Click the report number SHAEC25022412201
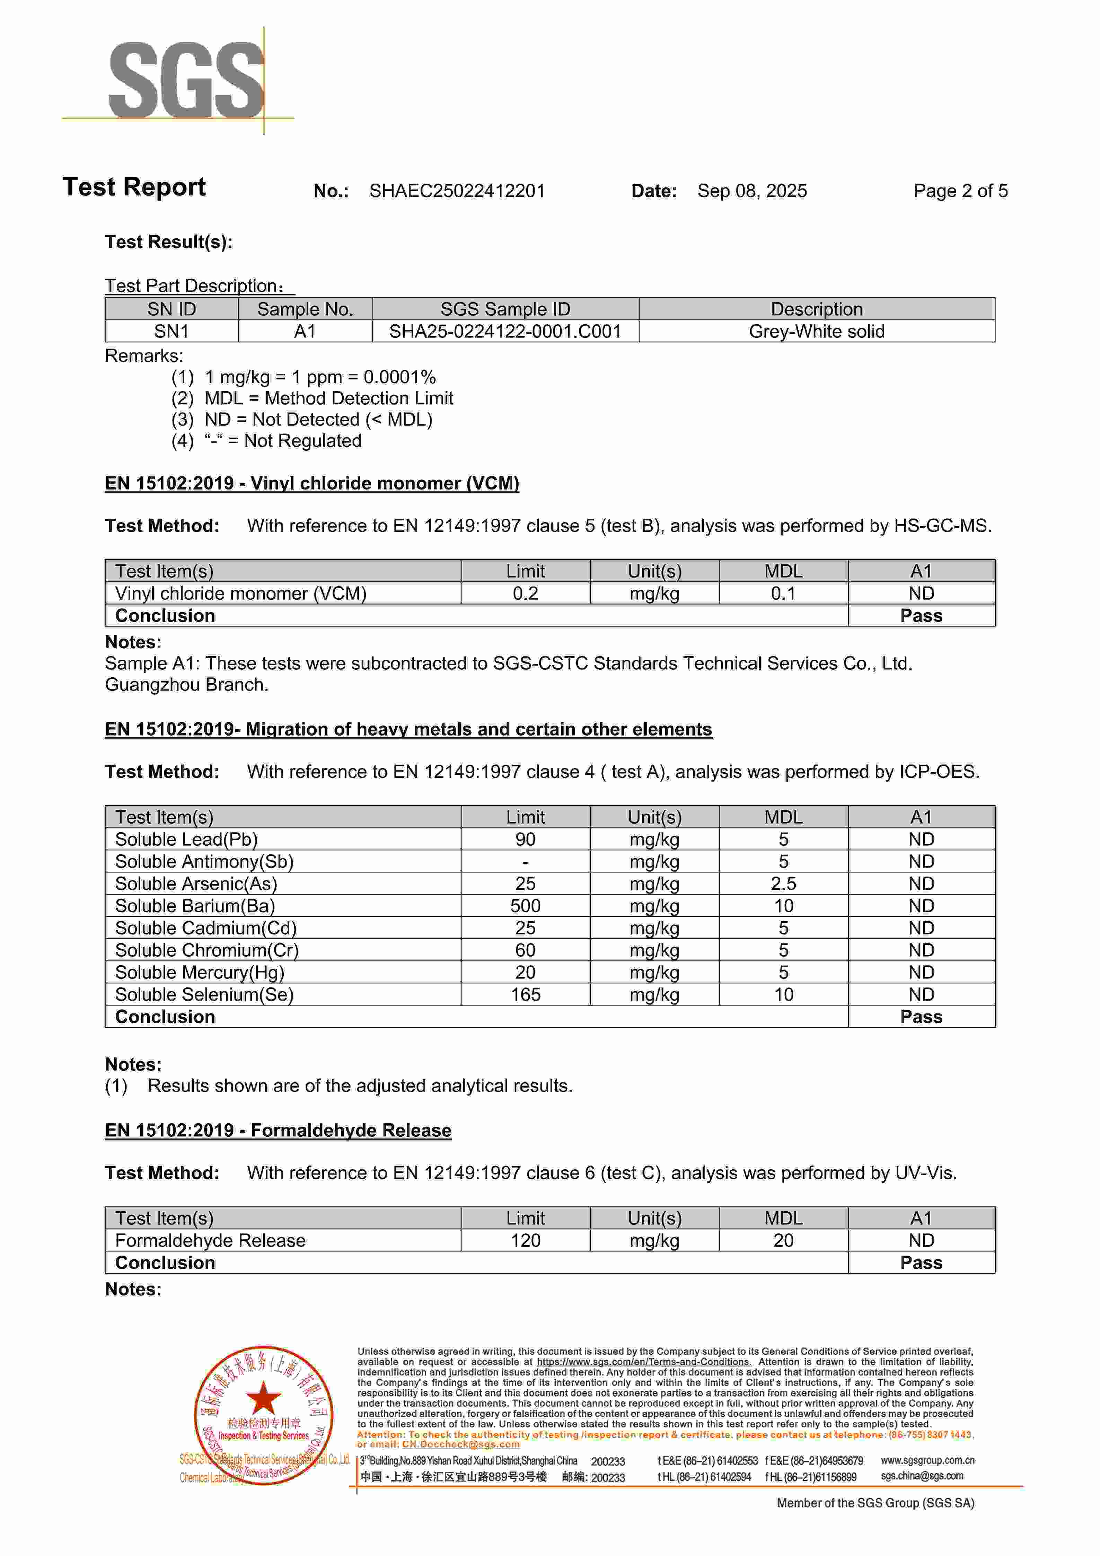click(x=457, y=191)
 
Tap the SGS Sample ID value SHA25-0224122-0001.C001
click(x=505, y=331)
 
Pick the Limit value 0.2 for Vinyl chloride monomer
click(x=525, y=594)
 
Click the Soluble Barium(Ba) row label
click(x=195, y=906)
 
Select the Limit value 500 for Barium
click(x=525, y=906)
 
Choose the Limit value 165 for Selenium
click(x=525, y=995)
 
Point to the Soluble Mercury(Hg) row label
click(x=200, y=973)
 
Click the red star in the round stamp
click(x=263, y=1397)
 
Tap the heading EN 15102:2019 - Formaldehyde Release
click(x=278, y=1131)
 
